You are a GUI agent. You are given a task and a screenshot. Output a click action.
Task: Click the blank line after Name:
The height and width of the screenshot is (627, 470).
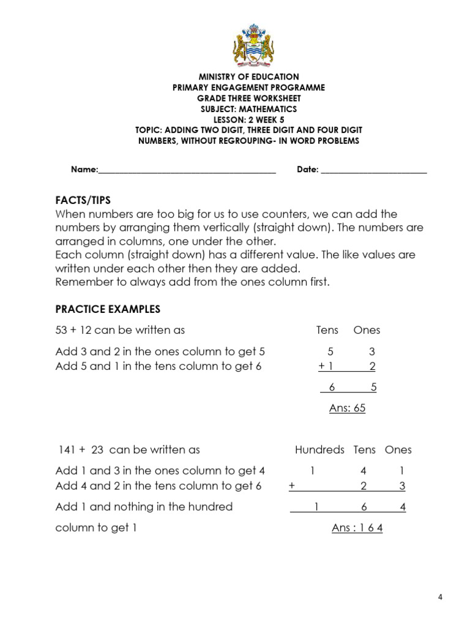tap(187, 171)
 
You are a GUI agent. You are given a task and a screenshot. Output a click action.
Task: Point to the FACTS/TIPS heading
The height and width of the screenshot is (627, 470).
tap(83, 200)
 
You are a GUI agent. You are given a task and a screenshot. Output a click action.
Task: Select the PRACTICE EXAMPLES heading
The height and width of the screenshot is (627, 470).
tap(108, 309)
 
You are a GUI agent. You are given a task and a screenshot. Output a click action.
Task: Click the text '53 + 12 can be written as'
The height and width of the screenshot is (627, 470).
tap(120, 331)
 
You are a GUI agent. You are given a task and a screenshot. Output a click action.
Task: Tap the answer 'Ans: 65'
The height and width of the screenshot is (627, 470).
tap(347, 408)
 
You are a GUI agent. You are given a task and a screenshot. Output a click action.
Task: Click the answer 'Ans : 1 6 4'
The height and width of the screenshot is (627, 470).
tap(357, 528)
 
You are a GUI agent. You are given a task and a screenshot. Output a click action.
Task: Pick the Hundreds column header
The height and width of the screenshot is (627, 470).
tap(319, 450)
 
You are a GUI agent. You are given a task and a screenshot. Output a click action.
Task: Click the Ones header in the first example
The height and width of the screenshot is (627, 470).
tap(367, 331)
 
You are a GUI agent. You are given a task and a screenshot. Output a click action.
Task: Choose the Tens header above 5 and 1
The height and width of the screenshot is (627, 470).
tap(327, 331)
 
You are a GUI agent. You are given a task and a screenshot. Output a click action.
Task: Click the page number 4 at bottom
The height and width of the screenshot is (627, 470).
tap(440, 598)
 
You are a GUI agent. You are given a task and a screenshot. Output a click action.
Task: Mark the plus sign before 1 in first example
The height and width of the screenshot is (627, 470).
tap(321, 367)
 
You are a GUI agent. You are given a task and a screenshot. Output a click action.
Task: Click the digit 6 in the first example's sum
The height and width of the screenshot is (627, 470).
tap(332, 388)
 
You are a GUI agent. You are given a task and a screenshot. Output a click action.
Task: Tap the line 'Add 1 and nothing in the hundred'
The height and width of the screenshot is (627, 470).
tap(144, 507)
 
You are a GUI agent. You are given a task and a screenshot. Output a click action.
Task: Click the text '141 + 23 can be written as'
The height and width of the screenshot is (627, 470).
tap(129, 450)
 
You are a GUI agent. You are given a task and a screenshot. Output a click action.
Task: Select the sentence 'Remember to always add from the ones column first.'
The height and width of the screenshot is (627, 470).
tap(192, 282)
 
